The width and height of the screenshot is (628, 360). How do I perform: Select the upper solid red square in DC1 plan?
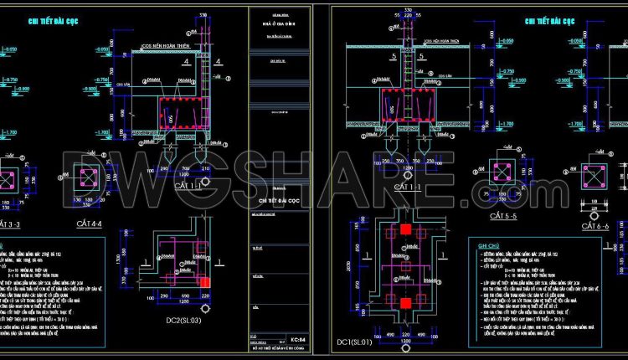coord(405,229)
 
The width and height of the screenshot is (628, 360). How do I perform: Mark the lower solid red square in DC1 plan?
coord(405,302)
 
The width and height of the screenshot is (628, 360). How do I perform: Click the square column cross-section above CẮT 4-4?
coord(90,179)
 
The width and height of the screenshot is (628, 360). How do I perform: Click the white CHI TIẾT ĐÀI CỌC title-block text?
coord(279,202)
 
